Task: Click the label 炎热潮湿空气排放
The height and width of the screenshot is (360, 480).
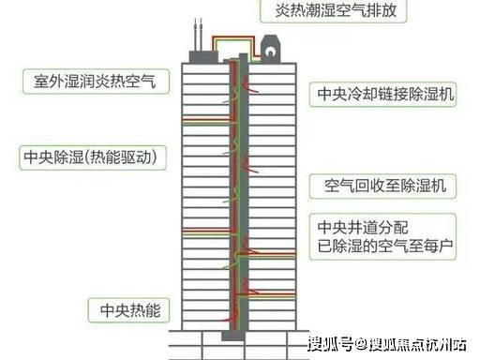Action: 336,10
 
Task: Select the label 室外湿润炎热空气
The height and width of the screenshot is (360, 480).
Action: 95,82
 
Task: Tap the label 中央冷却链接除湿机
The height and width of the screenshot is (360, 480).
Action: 385,94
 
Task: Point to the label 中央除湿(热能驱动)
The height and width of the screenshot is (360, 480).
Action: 91,157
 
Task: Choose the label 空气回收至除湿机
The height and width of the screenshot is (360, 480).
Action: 385,186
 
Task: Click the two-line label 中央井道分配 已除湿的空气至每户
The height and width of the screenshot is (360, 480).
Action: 385,237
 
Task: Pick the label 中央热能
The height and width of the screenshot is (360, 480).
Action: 130,310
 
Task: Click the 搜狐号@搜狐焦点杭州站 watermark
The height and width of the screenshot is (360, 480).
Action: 387,345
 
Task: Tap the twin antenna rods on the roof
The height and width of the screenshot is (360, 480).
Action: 198,35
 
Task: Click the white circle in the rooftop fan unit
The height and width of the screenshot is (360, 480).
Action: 270,51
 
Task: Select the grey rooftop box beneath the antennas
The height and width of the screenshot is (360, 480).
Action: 203,57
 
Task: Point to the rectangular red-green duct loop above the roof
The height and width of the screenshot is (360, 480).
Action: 232,38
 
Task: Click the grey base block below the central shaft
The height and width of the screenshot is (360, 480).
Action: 232,336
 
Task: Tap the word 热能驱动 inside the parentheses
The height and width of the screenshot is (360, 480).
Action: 120,157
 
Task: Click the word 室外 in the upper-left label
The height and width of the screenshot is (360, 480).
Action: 50,82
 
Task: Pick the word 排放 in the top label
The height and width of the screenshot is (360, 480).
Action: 382,10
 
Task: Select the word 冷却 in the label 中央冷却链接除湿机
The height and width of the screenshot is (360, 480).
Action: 363,94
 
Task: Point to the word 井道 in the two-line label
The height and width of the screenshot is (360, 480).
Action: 363,228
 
